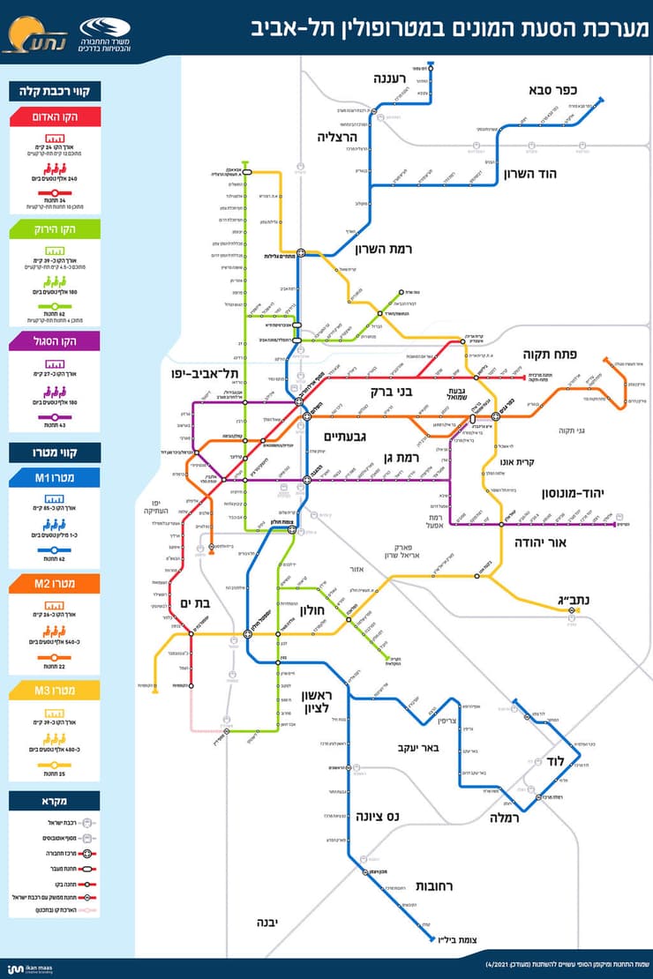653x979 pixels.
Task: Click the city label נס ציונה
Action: tap(378, 817)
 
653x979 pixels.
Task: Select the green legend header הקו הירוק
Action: tap(56, 229)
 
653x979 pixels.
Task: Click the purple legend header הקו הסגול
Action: tap(56, 340)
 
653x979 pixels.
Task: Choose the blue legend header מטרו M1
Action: tap(56, 478)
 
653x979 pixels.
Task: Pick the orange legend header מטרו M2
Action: tap(56, 584)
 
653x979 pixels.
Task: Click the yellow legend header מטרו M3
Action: tap(56, 690)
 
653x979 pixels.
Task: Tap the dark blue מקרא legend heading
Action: tap(56, 802)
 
